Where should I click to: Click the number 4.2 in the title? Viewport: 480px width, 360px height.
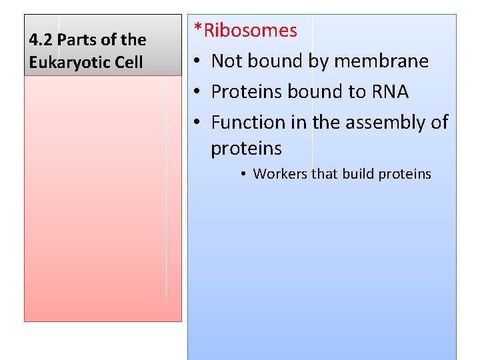coord(41,40)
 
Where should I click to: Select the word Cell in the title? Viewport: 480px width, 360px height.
coord(129,63)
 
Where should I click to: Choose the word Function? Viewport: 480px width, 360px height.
coord(249,122)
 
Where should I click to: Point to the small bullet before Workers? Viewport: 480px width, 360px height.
coord(245,175)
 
